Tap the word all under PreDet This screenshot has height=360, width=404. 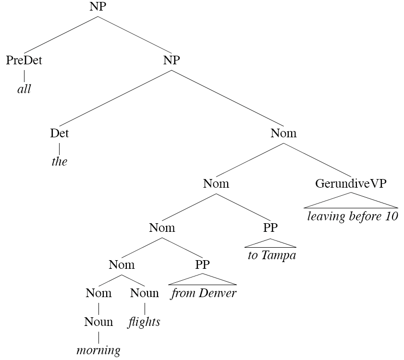(24, 89)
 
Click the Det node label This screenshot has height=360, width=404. (59, 133)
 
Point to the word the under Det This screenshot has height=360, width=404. (59, 161)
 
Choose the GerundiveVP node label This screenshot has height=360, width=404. (351, 183)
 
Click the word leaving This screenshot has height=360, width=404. (326, 216)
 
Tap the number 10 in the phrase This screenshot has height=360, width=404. (392, 216)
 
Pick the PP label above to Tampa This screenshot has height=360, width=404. (270, 227)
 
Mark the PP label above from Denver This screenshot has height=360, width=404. (202, 264)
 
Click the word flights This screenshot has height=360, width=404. (144, 322)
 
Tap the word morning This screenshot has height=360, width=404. (98, 350)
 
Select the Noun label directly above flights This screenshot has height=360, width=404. (144, 293)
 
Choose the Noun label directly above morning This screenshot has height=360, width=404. (98, 322)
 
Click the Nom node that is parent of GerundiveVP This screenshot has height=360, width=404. (283, 133)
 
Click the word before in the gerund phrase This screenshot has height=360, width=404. (364, 216)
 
